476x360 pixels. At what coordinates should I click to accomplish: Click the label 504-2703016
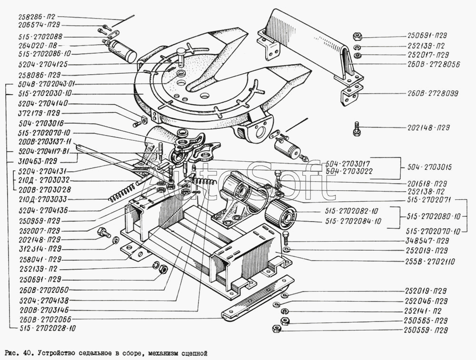(x=38, y=123)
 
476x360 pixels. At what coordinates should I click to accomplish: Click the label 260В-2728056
(x=433, y=65)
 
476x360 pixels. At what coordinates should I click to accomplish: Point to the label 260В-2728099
(x=433, y=94)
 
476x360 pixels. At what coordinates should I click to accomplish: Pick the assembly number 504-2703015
(x=429, y=168)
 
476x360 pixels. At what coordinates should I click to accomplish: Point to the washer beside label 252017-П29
(x=357, y=56)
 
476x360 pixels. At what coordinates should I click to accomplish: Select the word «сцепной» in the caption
(x=194, y=353)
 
